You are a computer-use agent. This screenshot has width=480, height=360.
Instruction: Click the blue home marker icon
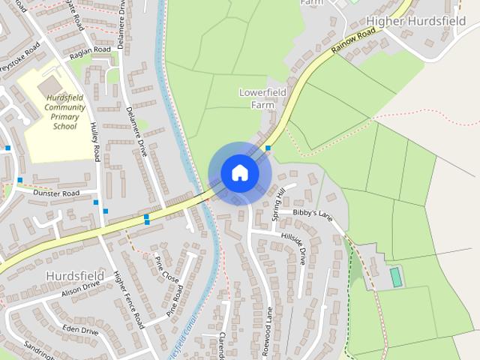[x=240, y=173]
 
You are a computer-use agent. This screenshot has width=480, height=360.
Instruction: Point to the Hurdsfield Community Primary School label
[x=64, y=112]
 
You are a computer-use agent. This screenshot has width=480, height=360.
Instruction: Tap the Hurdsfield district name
[x=75, y=275]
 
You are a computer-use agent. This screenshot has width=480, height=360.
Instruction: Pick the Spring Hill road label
[x=279, y=203]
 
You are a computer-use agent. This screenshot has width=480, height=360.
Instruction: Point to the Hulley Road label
[x=94, y=141]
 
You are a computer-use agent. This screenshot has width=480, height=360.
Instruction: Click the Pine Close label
[x=166, y=268]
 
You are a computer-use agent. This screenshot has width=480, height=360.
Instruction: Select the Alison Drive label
[x=81, y=289]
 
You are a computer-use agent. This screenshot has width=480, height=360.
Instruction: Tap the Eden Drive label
[x=81, y=330]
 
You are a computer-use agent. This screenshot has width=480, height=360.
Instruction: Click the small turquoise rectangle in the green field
[x=396, y=277]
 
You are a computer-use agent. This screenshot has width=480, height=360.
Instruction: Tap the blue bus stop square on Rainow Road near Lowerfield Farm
[x=268, y=148]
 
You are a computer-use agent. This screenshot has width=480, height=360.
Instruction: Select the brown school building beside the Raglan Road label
[x=50, y=84]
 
